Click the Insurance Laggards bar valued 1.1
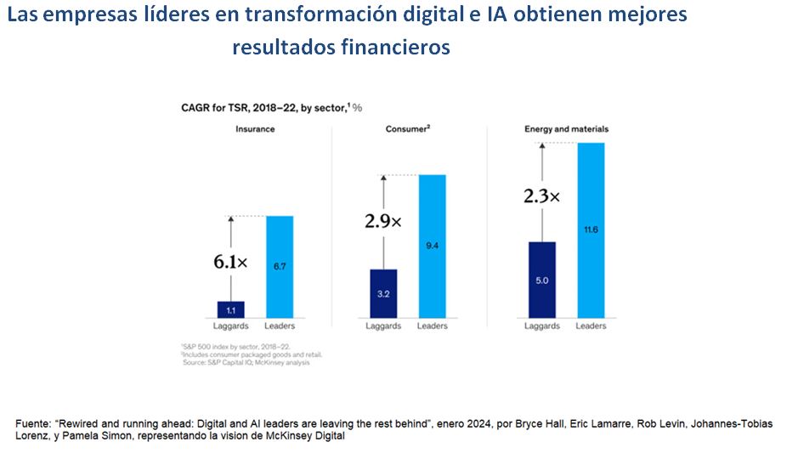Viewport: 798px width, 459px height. pyautogui.click(x=230, y=309)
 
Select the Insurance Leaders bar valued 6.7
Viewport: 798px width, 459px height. pyautogui.click(x=280, y=267)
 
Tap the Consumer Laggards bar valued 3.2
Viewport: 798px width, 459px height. pyautogui.click(x=382, y=293)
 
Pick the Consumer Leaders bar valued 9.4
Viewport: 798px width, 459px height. pyautogui.click(x=432, y=246)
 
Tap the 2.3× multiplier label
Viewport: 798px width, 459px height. pyautogui.click(x=541, y=196)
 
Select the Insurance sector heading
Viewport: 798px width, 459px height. pyautogui.click(x=255, y=129)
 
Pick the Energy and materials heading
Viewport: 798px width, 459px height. pyautogui.click(x=566, y=129)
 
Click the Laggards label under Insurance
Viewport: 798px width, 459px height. pyautogui.click(x=230, y=326)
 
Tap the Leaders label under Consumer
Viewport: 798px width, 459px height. pyautogui.click(x=432, y=326)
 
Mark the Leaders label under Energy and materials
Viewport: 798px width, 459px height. pyautogui.click(x=591, y=326)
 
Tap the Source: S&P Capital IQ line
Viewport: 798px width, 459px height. pyautogui.click(x=246, y=363)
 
